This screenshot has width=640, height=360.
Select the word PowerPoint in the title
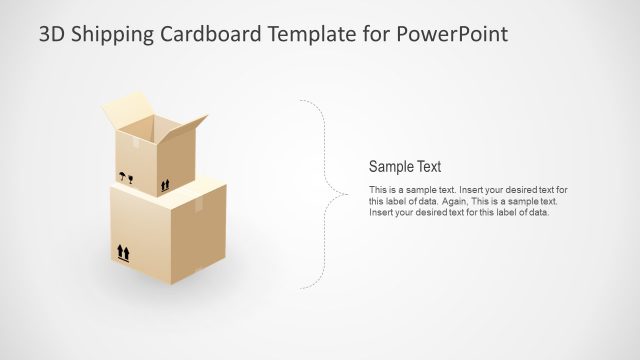pyautogui.click(x=453, y=35)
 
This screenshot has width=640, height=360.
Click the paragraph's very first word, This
pyautogui.click(x=378, y=190)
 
